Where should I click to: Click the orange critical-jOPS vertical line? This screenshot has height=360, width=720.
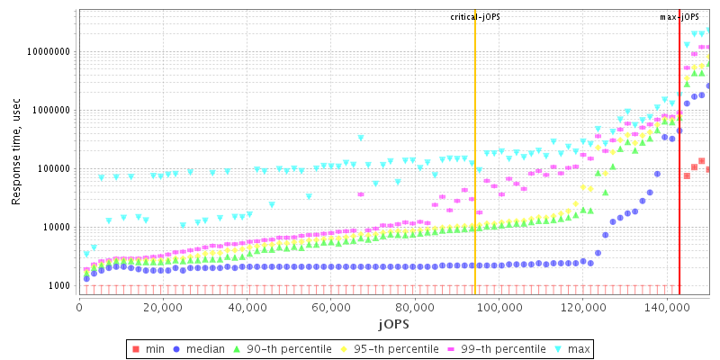[475, 180]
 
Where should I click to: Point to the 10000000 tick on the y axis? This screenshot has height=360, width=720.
[46, 52]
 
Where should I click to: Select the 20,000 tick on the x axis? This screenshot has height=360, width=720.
[163, 307]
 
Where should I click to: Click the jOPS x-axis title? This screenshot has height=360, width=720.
[394, 323]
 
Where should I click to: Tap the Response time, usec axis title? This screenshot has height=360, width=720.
[16, 153]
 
